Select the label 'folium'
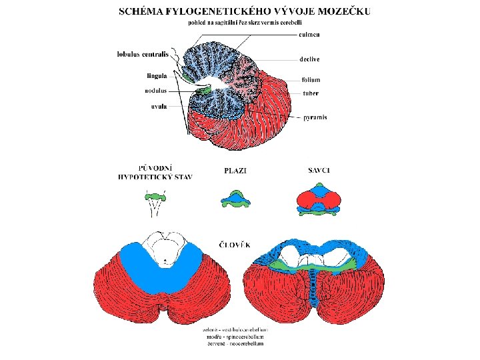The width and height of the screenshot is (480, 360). tap(311, 80)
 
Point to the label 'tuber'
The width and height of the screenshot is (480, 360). tap(310, 93)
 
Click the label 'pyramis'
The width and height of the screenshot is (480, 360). tap(315, 118)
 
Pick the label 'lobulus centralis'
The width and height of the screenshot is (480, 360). tap(141, 53)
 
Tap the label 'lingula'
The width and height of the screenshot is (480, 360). tap(156, 75)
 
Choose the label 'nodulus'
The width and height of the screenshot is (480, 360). tap(155, 90)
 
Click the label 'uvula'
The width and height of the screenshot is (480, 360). tap(158, 105)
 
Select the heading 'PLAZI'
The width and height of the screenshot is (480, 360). tap(236, 171)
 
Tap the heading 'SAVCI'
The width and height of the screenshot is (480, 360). tap(319, 171)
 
